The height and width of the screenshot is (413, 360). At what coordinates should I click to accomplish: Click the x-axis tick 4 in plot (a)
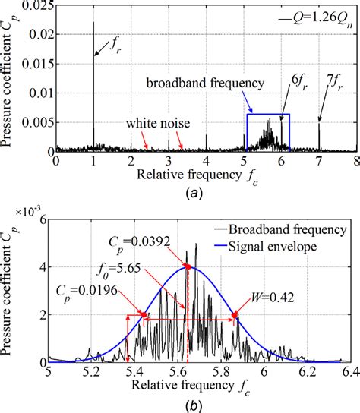click(x=206, y=162)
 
